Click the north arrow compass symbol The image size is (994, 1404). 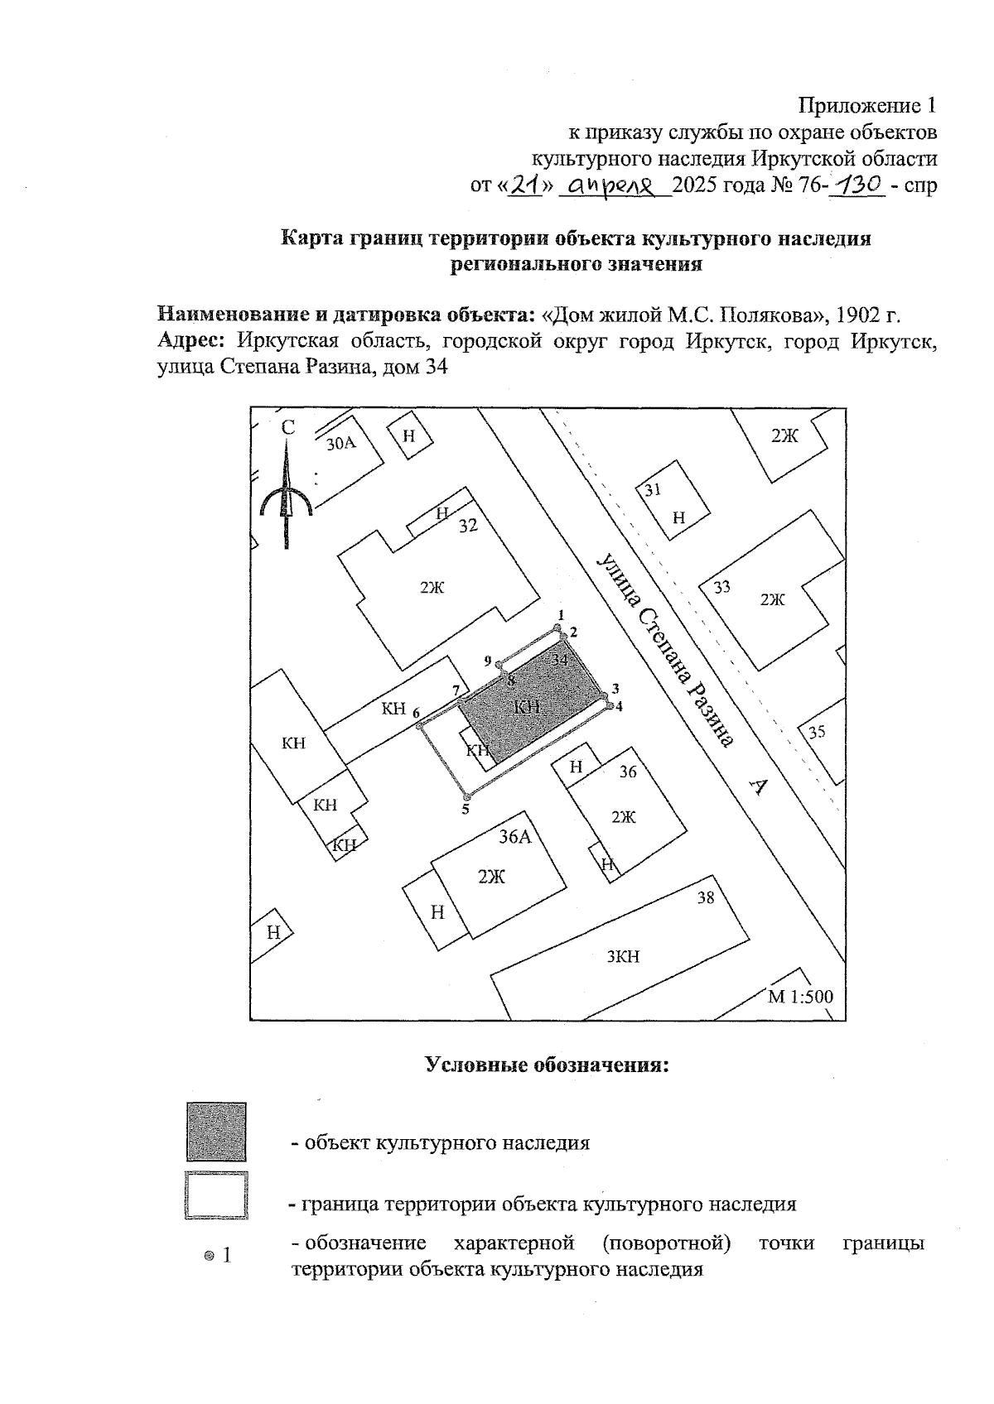tap(285, 493)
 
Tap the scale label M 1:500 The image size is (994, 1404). tap(800, 997)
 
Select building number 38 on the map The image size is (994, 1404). tap(705, 897)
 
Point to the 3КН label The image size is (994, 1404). tap(623, 957)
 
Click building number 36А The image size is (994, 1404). tap(514, 837)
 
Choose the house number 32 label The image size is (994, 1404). tap(469, 526)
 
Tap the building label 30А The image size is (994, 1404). tap(340, 444)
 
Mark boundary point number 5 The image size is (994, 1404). tap(466, 797)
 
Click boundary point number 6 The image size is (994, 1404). tap(420, 726)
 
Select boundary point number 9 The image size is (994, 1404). tap(499, 663)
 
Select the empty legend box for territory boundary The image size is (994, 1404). tap(216, 1195)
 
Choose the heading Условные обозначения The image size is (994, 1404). tap(547, 1065)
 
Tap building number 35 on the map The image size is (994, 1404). tap(817, 732)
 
